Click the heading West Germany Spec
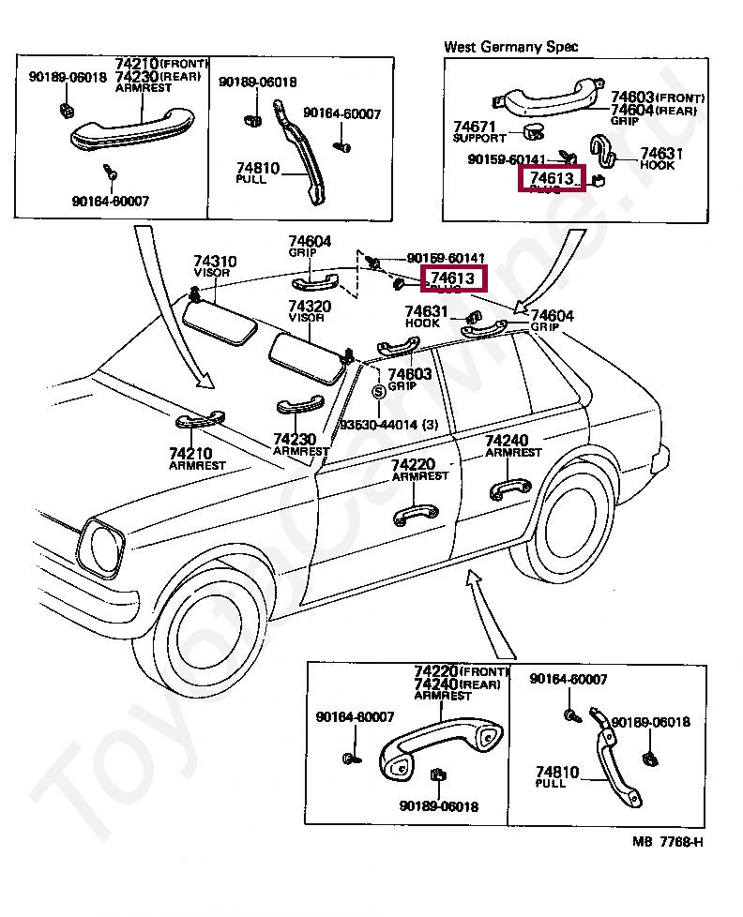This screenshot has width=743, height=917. click(510, 46)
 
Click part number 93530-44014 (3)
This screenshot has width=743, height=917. click(388, 425)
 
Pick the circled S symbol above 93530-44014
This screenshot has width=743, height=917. click(378, 392)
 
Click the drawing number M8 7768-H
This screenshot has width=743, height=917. click(667, 841)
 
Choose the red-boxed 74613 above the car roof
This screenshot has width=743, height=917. click(455, 278)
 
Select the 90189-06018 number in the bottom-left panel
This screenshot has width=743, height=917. click(437, 806)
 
